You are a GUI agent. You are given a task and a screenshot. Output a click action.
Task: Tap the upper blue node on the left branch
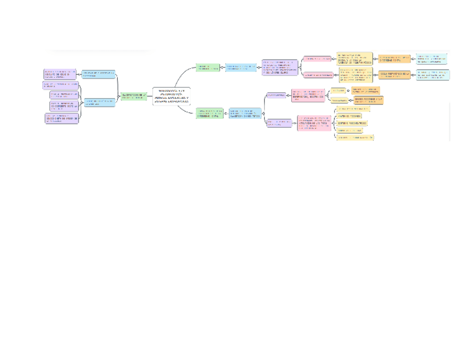(98, 74)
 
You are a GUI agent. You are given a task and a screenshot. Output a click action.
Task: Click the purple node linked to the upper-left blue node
(60, 74)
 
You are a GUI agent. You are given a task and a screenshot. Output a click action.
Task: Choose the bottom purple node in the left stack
(61, 118)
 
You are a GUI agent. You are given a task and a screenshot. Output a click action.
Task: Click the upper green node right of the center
(208, 68)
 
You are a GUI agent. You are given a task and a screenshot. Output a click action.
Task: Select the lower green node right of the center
(209, 113)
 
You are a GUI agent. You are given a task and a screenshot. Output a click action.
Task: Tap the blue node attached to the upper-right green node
(241, 68)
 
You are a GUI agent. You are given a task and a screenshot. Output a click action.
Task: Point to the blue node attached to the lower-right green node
(245, 113)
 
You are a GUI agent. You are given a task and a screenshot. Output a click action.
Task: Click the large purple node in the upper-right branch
(280, 68)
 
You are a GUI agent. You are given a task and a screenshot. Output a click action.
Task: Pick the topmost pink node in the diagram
(318, 58)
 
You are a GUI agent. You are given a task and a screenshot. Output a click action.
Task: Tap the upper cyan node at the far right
(431, 58)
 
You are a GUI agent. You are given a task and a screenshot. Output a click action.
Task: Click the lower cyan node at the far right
(432, 75)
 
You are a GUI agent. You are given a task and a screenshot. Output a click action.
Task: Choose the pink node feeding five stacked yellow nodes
(314, 123)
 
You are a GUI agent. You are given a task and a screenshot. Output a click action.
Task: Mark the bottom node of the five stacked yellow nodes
(355, 137)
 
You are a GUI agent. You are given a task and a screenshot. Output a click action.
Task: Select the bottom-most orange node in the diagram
(368, 100)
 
